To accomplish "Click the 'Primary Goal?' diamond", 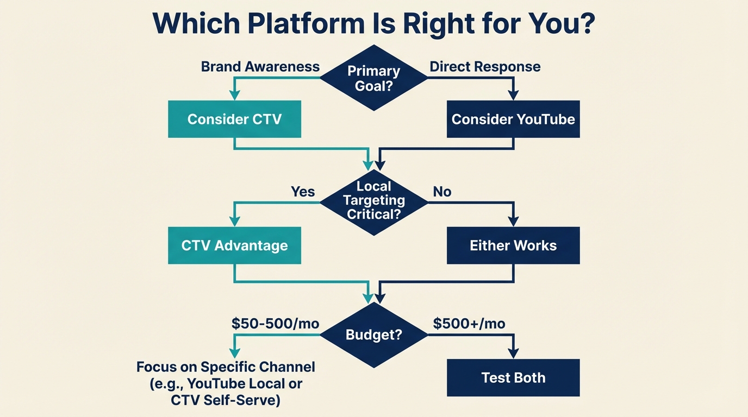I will [x=373, y=78].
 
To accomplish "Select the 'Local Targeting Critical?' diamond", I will [x=373, y=200].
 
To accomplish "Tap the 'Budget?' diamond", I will [x=373, y=334].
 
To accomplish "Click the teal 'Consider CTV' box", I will [x=234, y=119].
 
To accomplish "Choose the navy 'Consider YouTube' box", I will [x=513, y=119].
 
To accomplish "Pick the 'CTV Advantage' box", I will [x=234, y=245].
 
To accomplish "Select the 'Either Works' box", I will [x=513, y=245].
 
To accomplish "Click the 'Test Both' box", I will [x=513, y=377].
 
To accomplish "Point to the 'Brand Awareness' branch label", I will [x=260, y=67].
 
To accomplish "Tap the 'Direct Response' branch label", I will [x=485, y=67].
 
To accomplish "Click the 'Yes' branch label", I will [x=303, y=192].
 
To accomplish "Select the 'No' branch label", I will [x=442, y=192].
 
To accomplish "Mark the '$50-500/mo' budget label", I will [x=275, y=324].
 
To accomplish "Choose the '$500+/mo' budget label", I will [x=469, y=324].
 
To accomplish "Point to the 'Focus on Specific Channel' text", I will [x=226, y=367].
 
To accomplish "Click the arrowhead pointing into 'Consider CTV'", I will [x=234, y=96].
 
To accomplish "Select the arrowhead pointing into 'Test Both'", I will [x=513, y=354].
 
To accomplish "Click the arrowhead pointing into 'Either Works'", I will [x=513, y=222].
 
